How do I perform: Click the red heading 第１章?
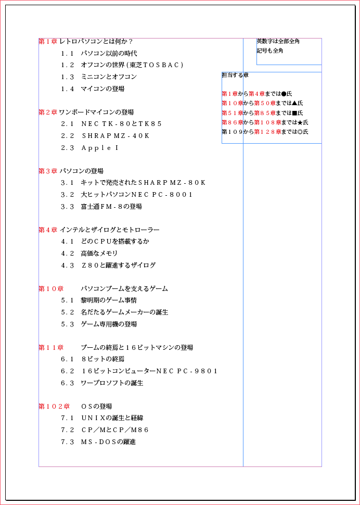pyautogui.click(x=48, y=42)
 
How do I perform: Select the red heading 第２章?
pyautogui.click(x=48, y=112)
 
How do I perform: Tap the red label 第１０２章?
pyautogui.click(x=54, y=407)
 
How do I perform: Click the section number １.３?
pyautogui.click(x=68, y=77)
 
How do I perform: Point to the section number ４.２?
pyautogui.click(x=68, y=254)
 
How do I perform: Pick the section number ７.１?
pyautogui.click(x=68, y=418)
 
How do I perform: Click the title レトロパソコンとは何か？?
pyautogui.click(x=96, y=42)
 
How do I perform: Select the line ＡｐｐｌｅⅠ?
pyautogui.click(x=100, y=148)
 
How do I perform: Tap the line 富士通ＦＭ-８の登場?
pyautogui.click(x=111, y=207)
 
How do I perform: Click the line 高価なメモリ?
pyautogui.click(x=99, y=254)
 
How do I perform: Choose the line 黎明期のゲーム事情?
pyautogui.click(x=108, y=300)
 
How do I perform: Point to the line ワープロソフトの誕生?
pyautogui.click(x=111, y=383)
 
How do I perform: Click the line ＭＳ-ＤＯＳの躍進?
pyautogui.click(x=108, y=442)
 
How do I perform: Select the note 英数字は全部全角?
pyautogui.click(x=278, y=41)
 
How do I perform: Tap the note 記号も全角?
pyautogui.click(x=269, y=51)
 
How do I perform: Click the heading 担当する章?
pyautogui.click(x=235, y=75)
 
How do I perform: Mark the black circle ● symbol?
pyautogui.click(x=284, y=94)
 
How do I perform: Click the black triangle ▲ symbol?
pyautogui.click(x=294, y=104)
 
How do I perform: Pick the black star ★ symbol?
pyautogui.click(x=300, y=123)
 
